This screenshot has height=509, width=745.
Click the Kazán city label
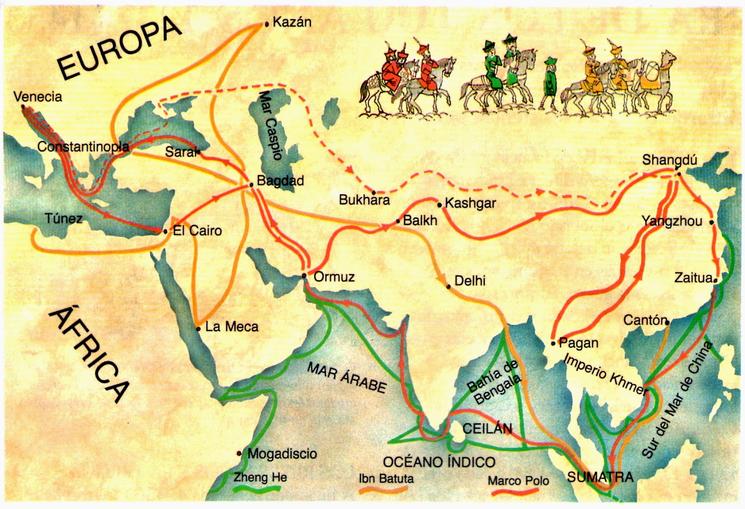point(292,22)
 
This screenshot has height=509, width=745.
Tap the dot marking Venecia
point(23,107)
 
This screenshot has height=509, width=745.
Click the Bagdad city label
point(280,181)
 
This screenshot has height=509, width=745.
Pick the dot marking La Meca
point(198,329)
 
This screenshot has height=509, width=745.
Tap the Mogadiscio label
point(282,454)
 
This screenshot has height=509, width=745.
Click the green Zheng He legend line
point(257,489)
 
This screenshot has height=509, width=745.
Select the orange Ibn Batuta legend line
point(384,490)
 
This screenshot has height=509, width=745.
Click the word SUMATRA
point(600,477)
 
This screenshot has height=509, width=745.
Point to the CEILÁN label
point(487,428)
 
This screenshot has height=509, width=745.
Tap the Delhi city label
point(470,281)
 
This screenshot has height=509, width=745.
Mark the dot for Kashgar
point(440,205)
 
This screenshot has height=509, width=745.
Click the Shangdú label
point(669,160)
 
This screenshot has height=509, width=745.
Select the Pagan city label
point(578,343)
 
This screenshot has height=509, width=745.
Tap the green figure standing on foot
point(550,84)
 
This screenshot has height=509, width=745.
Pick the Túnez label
point(64,218)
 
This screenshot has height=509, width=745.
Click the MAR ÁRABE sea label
point(347,378)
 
